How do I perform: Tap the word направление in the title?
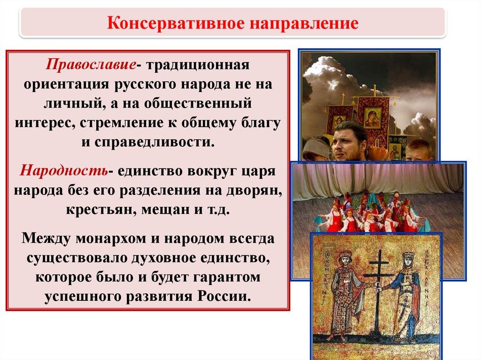tap(304, 24)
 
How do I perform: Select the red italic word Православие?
tap(91, 65)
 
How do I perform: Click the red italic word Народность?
tap(64, 170)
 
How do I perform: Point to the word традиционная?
tap(198, 65)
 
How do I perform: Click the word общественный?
tap(198, 103)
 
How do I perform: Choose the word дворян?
tap(254, 191)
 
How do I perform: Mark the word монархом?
tap(111, 238)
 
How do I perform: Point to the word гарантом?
tap(227, 277)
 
